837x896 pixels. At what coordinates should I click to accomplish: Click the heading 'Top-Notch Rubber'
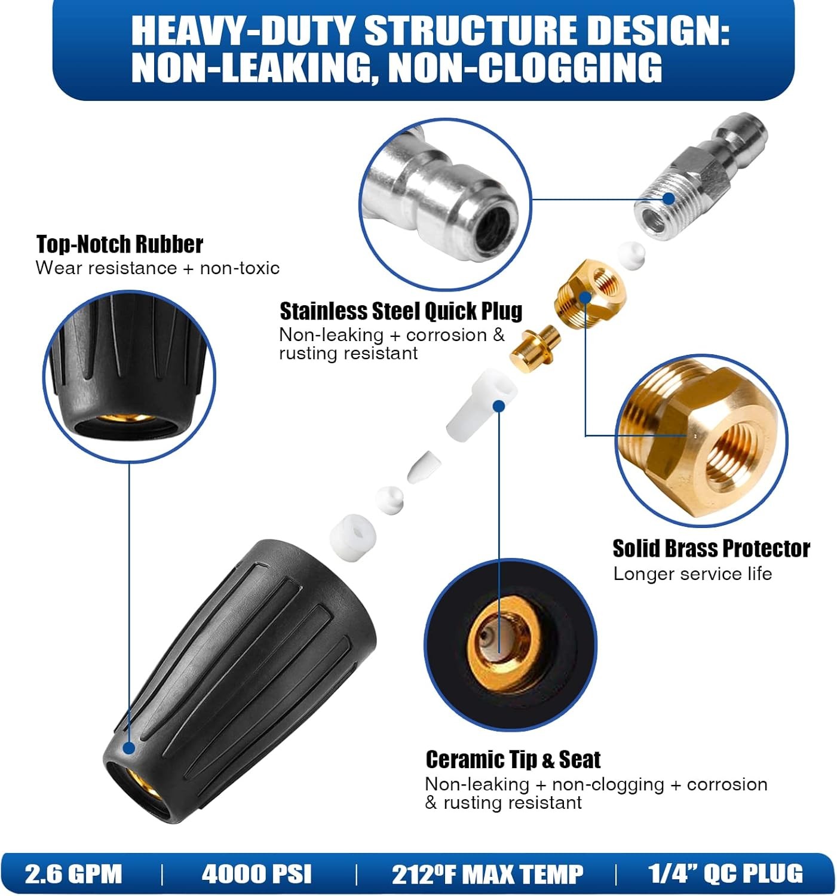point(119,244)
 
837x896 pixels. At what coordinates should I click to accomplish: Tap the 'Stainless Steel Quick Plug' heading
point(401,311)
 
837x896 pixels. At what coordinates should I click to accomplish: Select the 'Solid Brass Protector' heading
point(711,548)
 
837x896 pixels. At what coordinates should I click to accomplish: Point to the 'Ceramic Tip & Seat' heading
point(513,759)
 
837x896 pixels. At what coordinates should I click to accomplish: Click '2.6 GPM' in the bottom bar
point(73,873)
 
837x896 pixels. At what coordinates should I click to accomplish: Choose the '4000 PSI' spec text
point(256,873)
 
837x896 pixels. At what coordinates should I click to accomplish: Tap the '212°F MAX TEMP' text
point(487,873)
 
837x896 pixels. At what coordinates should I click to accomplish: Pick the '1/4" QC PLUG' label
point(725,873)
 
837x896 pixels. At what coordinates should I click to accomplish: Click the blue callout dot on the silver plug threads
point(669,198)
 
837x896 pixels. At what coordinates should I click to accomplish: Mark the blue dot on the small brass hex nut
point(585,297)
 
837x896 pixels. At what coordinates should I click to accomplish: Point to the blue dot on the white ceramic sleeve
point(499,406)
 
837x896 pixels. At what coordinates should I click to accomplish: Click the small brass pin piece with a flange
point(535,346)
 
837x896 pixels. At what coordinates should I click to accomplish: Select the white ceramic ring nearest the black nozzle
point(352,536)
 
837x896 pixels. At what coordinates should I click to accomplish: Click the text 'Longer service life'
point(692,574)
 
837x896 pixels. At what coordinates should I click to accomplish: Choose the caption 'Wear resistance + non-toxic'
point(158,268)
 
